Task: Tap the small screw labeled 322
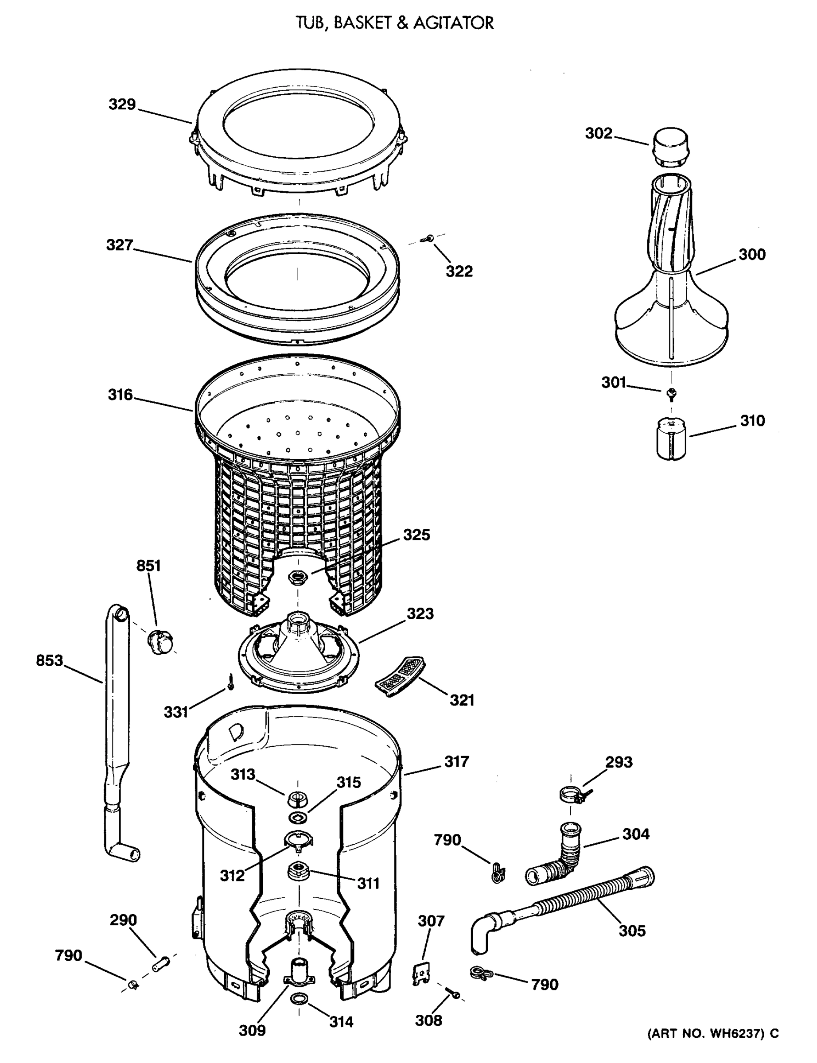point(429,238)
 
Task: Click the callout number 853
point(50,660)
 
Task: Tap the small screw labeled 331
point(230,683)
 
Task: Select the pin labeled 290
point(161,963)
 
